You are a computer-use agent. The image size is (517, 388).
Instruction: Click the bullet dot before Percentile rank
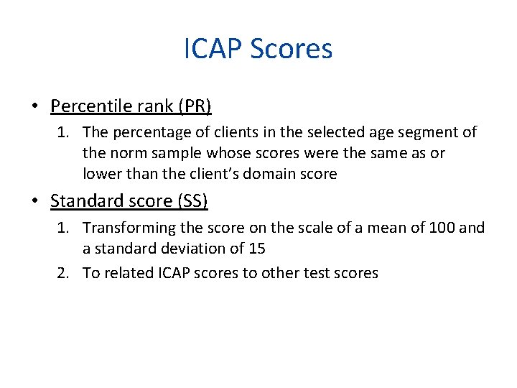point(34,107)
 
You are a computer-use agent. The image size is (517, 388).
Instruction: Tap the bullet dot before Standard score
point(34,202)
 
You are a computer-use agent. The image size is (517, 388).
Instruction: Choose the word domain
point(277,173)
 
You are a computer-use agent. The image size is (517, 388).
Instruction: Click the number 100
point(442,228)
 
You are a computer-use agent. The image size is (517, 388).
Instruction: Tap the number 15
point(256,248)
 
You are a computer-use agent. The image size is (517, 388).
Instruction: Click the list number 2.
point(65,273)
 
